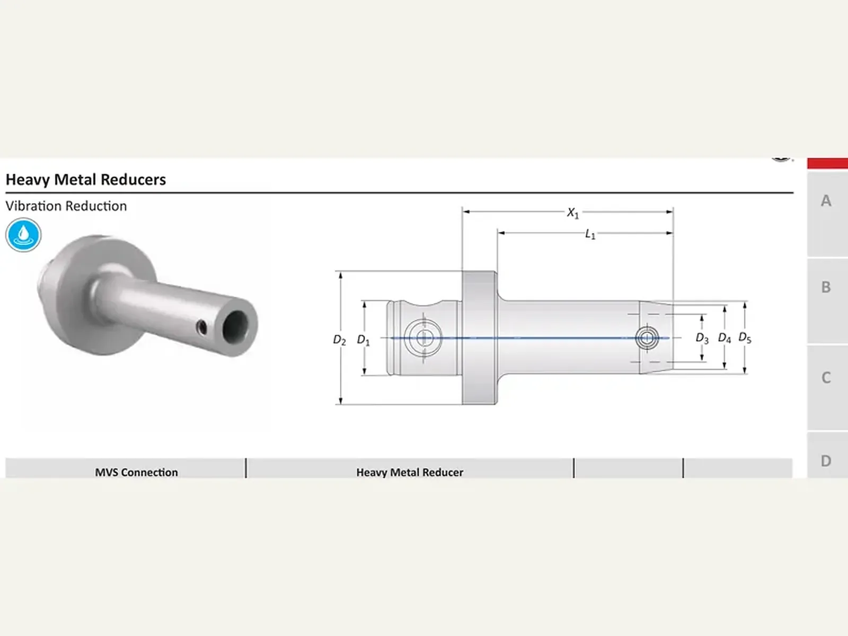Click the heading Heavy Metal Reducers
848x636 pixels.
tap(86, 180)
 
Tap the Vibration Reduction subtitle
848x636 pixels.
tap(66, 206)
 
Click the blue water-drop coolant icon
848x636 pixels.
tap(23, 235)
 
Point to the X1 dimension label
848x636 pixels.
tap(573, 213)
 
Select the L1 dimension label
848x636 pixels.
tap(590, 234)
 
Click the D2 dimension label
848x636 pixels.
tap(339, 340)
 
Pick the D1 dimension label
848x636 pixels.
tap(363, 340)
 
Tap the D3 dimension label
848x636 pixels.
tap(702, 338)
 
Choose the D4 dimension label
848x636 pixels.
tap(725, 338)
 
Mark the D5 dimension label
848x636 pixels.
tap(745, 338)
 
